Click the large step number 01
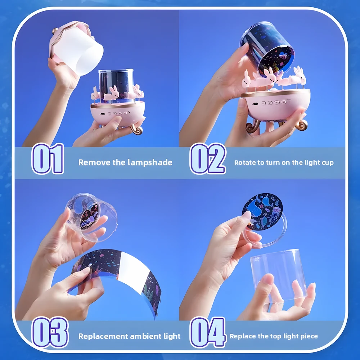48,159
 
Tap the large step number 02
208,159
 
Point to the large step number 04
208,332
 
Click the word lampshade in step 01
150,163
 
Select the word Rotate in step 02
245,163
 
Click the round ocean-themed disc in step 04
262,211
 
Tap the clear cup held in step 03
91,217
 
